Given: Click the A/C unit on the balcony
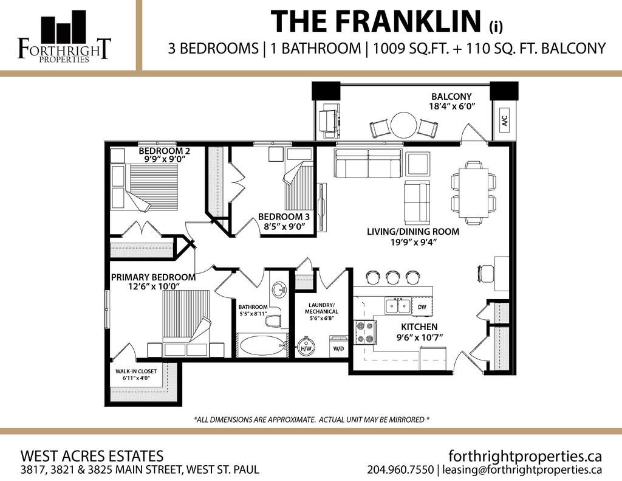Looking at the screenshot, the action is pos(505,120).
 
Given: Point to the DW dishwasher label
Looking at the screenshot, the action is pos(422,307).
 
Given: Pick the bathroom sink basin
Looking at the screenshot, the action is pos(279,289).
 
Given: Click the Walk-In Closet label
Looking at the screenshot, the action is pos(136,372).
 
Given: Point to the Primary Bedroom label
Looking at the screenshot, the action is pos(153,277).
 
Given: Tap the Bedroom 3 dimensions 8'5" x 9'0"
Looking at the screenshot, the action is pos(284,226).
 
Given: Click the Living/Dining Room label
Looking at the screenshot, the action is pos(413,232).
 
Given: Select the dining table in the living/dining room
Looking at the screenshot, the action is pos(474,192).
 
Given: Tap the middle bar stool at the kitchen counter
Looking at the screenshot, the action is pos(392,277).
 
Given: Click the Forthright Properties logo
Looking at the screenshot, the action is pos(64,36).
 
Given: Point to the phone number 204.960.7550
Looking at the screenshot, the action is pos(400,470).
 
